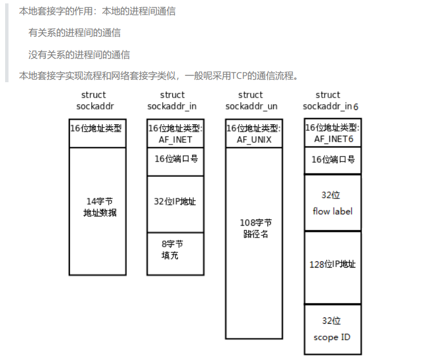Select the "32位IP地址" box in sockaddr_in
(175, 204)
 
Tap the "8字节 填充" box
(175, 253)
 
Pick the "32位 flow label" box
(333, 202)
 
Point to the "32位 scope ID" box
(333, 329)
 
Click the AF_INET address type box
(175, 134)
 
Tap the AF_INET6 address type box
(333, 133)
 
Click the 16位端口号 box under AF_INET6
(333, 160)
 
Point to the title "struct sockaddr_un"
(251, 100)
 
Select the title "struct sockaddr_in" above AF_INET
(172, 100)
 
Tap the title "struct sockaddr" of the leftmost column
(93, 100)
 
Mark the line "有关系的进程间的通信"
(74, 33)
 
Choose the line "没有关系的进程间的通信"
(79, 54)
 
